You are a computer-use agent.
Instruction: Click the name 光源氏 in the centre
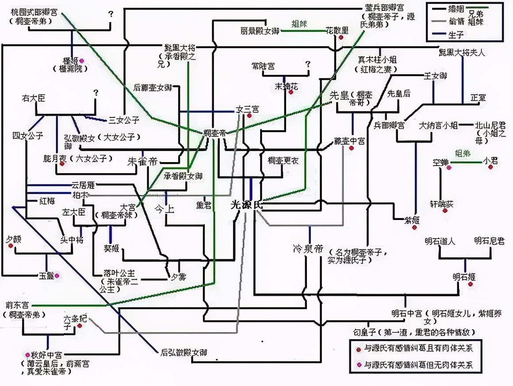[x=247, y=205]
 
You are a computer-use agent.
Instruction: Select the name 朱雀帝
[x=142, y=161]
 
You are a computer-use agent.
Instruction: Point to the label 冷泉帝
[x=308, y=249]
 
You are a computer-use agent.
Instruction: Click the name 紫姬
[x=411, y=220]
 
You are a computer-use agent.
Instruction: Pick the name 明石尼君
[x=489, y=241]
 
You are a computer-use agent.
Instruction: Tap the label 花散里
[x=337, y=31]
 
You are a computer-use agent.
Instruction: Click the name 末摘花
[x=287, y=87]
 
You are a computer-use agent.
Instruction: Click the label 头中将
[x=72, y=239]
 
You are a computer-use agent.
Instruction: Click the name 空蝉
[x=441, y=162]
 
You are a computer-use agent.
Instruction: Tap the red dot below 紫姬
[x=414, y=228]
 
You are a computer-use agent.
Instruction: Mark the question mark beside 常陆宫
[x=308, y=65]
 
